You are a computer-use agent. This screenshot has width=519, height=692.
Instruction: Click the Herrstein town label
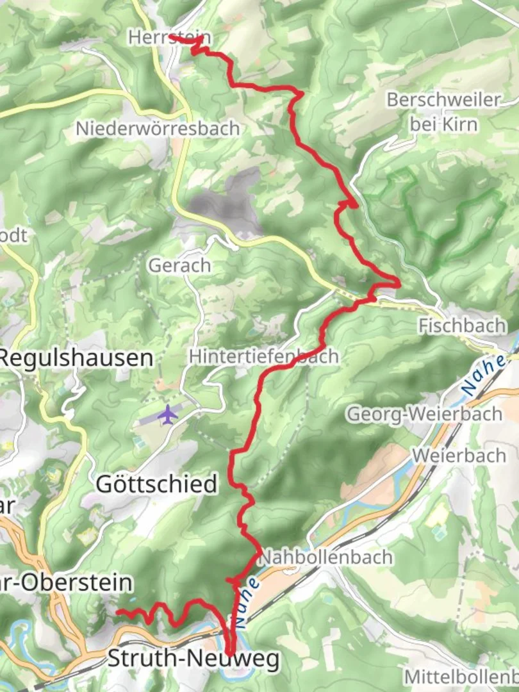160,38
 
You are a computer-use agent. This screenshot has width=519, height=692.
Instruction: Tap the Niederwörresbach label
157,129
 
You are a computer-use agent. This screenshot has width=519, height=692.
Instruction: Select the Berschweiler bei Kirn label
443,111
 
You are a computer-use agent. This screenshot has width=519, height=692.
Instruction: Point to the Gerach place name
179,265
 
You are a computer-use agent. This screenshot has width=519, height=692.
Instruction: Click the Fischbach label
461,325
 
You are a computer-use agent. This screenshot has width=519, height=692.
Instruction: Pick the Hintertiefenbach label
263,357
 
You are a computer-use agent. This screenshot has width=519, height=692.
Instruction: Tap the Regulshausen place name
77,358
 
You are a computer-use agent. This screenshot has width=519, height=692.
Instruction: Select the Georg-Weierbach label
424,414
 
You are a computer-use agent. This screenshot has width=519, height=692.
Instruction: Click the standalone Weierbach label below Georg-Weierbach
459,456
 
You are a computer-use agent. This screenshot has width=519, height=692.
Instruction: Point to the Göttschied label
157,484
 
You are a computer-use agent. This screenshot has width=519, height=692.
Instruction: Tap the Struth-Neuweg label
194,659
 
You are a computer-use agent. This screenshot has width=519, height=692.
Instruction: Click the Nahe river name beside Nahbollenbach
246,602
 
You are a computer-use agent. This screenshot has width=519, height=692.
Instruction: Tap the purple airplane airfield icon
167,414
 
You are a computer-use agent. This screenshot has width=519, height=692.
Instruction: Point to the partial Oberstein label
67,582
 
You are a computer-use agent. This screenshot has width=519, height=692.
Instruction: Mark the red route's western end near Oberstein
117,613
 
